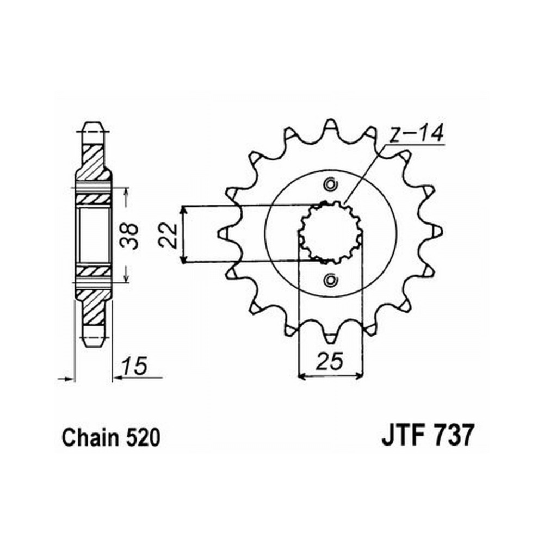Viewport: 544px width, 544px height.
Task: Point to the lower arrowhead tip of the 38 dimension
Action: tap(126, 282)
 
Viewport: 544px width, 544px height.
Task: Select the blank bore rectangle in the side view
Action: tap(94, 235)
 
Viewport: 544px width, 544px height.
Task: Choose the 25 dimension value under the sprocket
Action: tap(329, 361)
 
